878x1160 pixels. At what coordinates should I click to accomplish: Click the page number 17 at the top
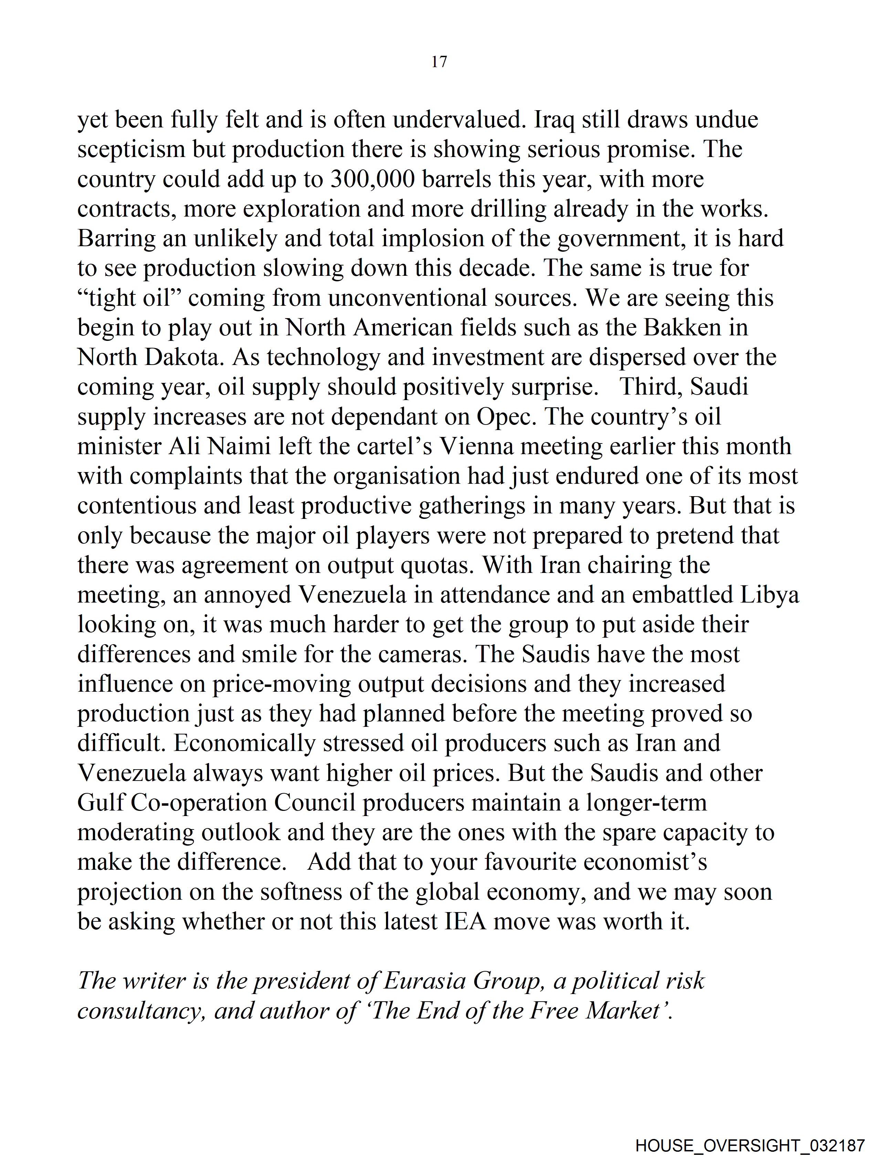pyautogui.click(x=439, y=62)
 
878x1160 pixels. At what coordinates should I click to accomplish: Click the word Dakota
pyautogui.click(x=183, y=358)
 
